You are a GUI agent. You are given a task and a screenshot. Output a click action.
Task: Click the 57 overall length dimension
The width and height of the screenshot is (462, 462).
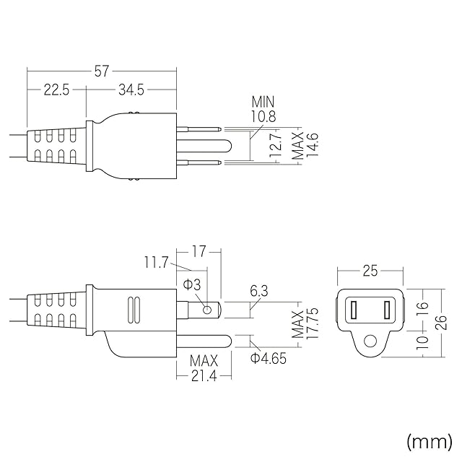click(102, 71)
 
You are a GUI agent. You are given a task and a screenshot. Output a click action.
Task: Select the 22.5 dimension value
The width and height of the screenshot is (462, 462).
click(56, 90)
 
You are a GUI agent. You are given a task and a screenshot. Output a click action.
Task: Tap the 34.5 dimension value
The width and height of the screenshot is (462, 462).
click(131, 90)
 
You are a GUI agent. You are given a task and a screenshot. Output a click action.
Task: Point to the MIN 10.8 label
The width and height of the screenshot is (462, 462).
click(263, 109)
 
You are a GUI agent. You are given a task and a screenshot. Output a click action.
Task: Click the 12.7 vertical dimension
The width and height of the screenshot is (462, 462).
click(274, 147)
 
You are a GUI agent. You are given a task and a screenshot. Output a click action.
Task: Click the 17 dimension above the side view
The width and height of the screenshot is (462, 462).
click(199, 252)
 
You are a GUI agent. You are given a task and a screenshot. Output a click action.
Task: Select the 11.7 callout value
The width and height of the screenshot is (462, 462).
click(155, 263)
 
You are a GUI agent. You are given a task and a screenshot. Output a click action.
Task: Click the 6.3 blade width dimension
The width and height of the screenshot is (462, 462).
click(258, 292)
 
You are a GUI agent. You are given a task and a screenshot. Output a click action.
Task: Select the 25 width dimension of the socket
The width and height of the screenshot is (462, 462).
click(370, 271)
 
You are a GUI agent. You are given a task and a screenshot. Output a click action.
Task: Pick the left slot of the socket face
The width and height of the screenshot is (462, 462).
click(354, 310)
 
